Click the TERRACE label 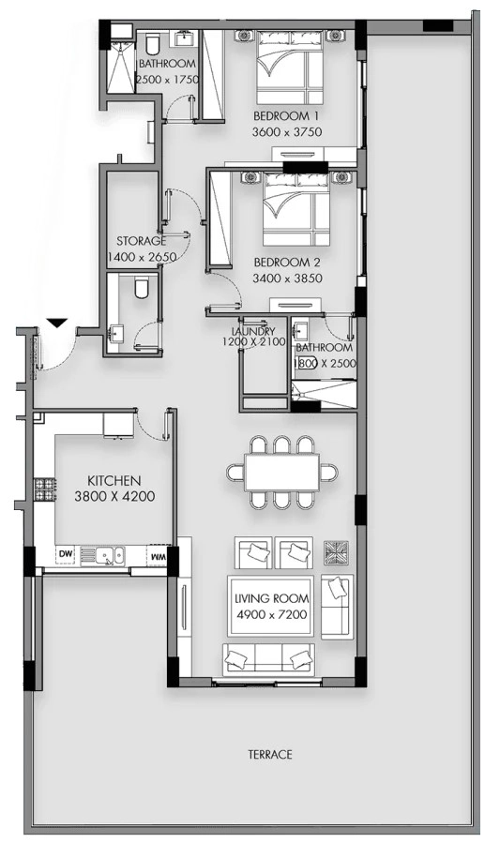click(x=270, y=754)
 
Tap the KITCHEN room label click(x=114, y=481)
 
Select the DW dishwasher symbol click(x=66, y=554)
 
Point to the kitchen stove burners click(x=45, y=489)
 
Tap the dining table click(x=281, y=472)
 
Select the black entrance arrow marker click(x=56, y=323)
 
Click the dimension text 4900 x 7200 click(x=272, y=614)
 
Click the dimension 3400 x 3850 click(x=288, y=278)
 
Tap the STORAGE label click(x=141, y=241)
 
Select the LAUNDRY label click(x=253, y=332)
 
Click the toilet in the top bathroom click(x=152, y=44)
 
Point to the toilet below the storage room click(x=142, y=287)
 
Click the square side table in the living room click(x=336, y=553)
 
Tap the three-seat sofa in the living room click(x=269, y=659)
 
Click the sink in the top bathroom click(x=187, y=38)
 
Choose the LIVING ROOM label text click(x=272, y=598)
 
